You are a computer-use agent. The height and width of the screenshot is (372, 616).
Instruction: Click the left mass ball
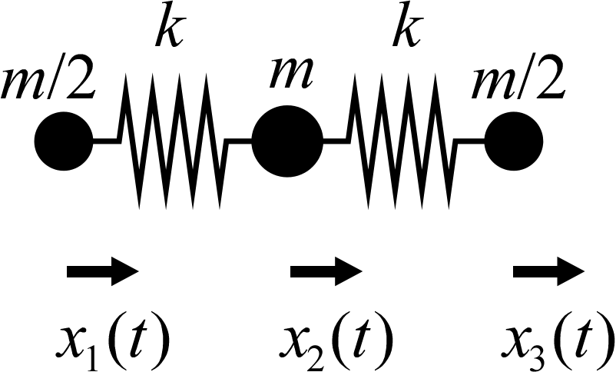coord(64,141)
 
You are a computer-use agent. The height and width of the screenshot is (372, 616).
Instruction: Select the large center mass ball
coord(287,141)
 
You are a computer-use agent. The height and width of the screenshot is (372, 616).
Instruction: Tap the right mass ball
coord(514,141)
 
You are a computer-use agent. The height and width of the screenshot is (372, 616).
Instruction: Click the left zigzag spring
coord(173,141)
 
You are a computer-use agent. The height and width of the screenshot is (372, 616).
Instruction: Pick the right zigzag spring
coord(403,141)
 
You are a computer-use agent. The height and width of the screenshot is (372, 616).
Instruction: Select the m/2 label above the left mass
coord(51,82)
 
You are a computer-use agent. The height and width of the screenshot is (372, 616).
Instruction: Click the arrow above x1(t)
coord(103,271)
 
